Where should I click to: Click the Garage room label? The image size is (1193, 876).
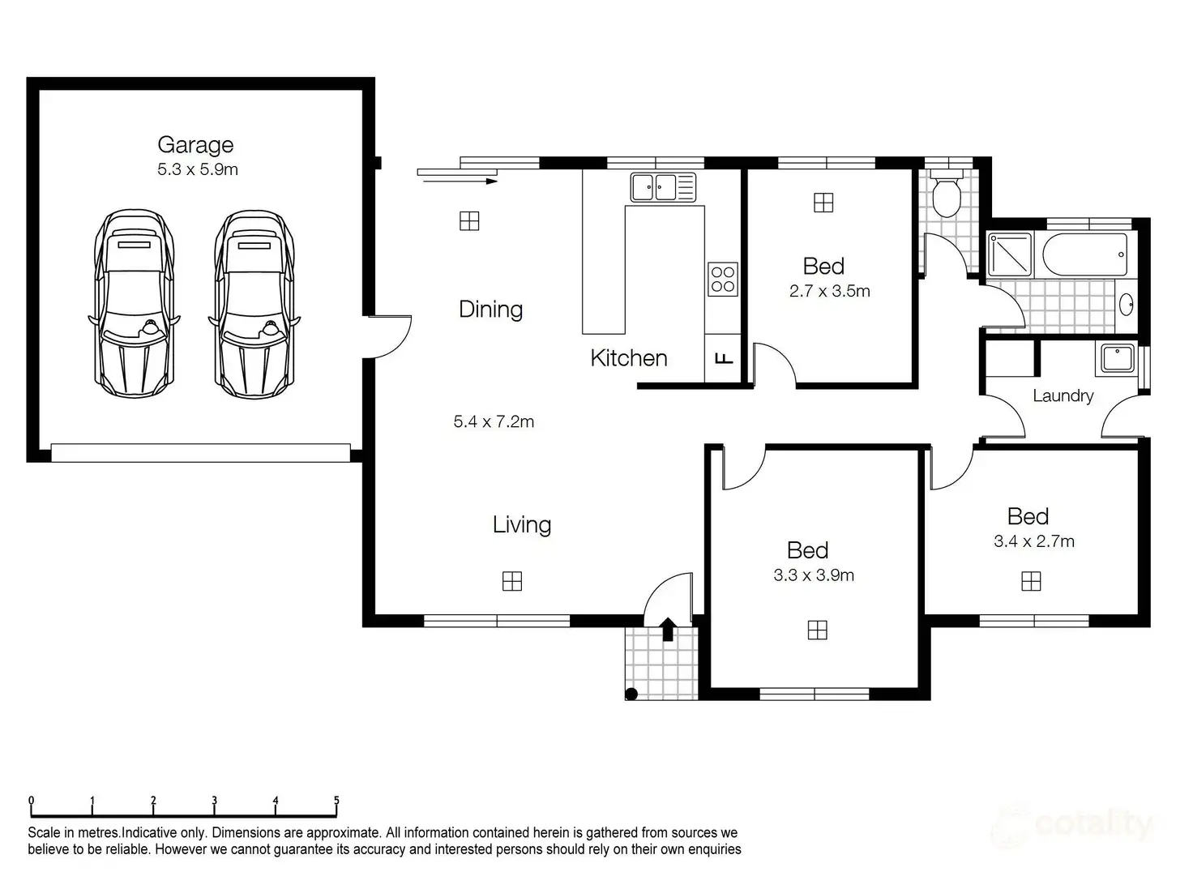[x=195, y=145]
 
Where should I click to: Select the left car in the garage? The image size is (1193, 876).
[x=134, y=304]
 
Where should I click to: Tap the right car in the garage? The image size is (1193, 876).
[x=254, y=304]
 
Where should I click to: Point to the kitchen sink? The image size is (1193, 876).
[x=663, y=187]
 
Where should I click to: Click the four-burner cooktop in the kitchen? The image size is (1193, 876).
[x=722, y=279]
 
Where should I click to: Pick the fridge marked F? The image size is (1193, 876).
[x=724, y=358]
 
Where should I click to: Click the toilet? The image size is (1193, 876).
[x=946, y=194]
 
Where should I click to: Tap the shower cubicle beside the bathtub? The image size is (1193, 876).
[x=1009, y=254]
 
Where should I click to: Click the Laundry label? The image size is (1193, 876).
[x=1063, y=396]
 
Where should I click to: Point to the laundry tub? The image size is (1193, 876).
[x=1117, y=359]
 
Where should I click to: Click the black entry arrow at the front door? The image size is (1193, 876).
[x=668, y=629]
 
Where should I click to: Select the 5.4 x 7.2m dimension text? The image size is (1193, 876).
[x=494, y=421]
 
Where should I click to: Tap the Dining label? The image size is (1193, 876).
[x=490, y=310]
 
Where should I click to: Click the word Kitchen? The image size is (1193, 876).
[x=628, y=358]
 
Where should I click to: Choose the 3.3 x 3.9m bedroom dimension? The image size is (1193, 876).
[x=814, y=575]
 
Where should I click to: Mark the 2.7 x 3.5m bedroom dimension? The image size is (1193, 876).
[x=829, y=291]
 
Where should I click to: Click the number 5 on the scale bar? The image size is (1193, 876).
[x=336, y=801]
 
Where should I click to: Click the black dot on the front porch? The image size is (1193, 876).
[x=632, y=694]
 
